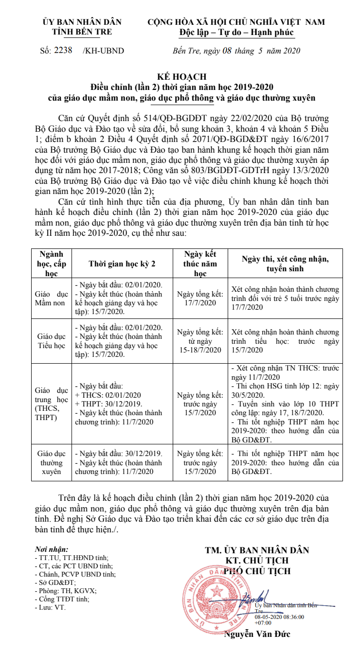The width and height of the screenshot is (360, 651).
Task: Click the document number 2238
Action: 63,50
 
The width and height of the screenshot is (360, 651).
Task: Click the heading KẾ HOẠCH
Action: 182,76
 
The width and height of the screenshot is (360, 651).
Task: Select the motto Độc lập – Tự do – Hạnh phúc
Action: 236,32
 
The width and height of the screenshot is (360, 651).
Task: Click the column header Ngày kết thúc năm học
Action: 200,263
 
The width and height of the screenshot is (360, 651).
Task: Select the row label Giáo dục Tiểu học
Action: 51,340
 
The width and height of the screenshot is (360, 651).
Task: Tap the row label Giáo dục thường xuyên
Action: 51,462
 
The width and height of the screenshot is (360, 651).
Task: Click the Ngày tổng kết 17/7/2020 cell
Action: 200,299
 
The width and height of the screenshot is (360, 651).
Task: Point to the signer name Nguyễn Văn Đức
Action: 257,634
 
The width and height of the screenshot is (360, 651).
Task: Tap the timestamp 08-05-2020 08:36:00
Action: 279,616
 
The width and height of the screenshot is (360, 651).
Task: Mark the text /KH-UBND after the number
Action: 103,51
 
